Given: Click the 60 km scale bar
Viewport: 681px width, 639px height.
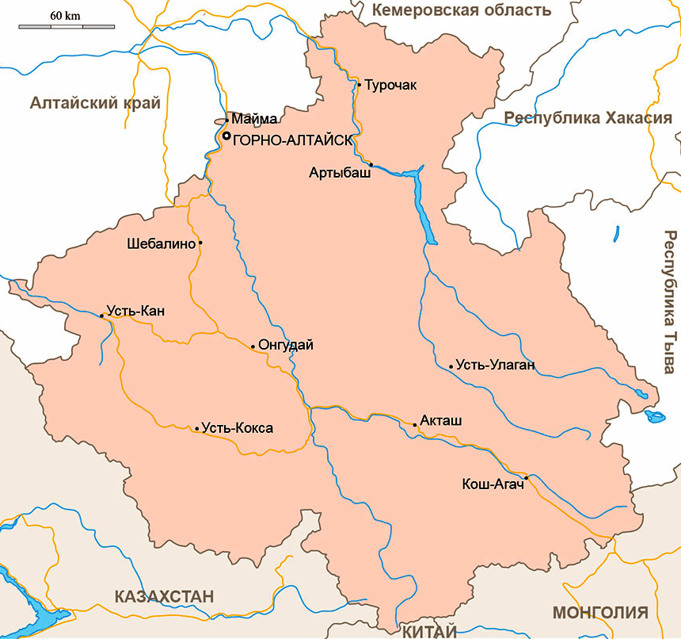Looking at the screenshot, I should (x=67, y=27).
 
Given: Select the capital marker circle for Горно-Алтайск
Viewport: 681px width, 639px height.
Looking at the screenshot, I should (x=226, y=136).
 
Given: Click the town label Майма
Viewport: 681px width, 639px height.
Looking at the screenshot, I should (x=255, y=119).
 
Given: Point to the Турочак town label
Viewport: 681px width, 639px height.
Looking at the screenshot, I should (x=390, y=84).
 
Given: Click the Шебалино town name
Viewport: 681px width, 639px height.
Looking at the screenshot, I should (x=161, y=243).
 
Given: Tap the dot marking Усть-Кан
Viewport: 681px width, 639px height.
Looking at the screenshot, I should (x=102, y=316).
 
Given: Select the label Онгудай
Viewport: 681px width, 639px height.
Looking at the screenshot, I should (x=286, y=345).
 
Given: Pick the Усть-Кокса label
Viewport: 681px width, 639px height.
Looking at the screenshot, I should (x=238, y=428).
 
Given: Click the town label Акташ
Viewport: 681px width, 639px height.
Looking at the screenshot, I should (x=442, y=420).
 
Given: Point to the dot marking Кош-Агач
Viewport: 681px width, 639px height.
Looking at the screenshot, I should (x=525, y=478).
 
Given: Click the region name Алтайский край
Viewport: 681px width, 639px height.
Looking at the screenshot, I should (x=95, y=103).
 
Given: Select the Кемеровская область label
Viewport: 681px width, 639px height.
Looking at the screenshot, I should (x=461, y=10).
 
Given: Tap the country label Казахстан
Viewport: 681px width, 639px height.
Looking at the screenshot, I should (x=164, y=596).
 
